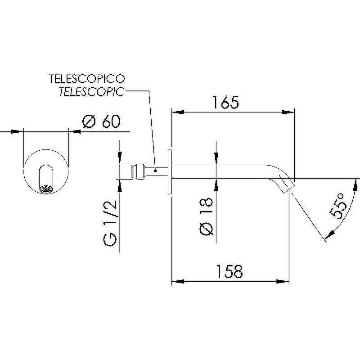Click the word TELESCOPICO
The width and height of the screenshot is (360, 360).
[x=87, y=79]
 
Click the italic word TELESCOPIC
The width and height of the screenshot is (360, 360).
[x=92, y=92]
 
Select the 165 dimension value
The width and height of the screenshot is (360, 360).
[x=226, y=102]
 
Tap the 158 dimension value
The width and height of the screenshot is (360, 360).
[x=229, y=271]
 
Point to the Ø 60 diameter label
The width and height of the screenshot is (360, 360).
[x=101, y=121]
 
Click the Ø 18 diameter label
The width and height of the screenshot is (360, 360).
[x=207, y=216]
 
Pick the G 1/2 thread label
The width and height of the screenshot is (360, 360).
[x=110, y=223]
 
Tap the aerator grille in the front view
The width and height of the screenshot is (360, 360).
[x=46, y=189]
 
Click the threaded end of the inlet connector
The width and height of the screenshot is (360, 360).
[x=132, y=171]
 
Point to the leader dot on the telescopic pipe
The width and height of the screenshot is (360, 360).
[x=155, y=171]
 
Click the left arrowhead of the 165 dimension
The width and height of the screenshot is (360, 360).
[x=178, y=112]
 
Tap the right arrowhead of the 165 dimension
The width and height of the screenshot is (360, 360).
[x=288, y=112]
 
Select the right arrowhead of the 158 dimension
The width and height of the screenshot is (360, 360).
[x=283, y=281]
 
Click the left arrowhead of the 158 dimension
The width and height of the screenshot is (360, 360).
[x=178, y=281]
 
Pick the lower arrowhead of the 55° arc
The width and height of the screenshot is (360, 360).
[x=329, y=235]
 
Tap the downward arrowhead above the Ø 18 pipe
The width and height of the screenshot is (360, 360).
[x=216, y=159]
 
